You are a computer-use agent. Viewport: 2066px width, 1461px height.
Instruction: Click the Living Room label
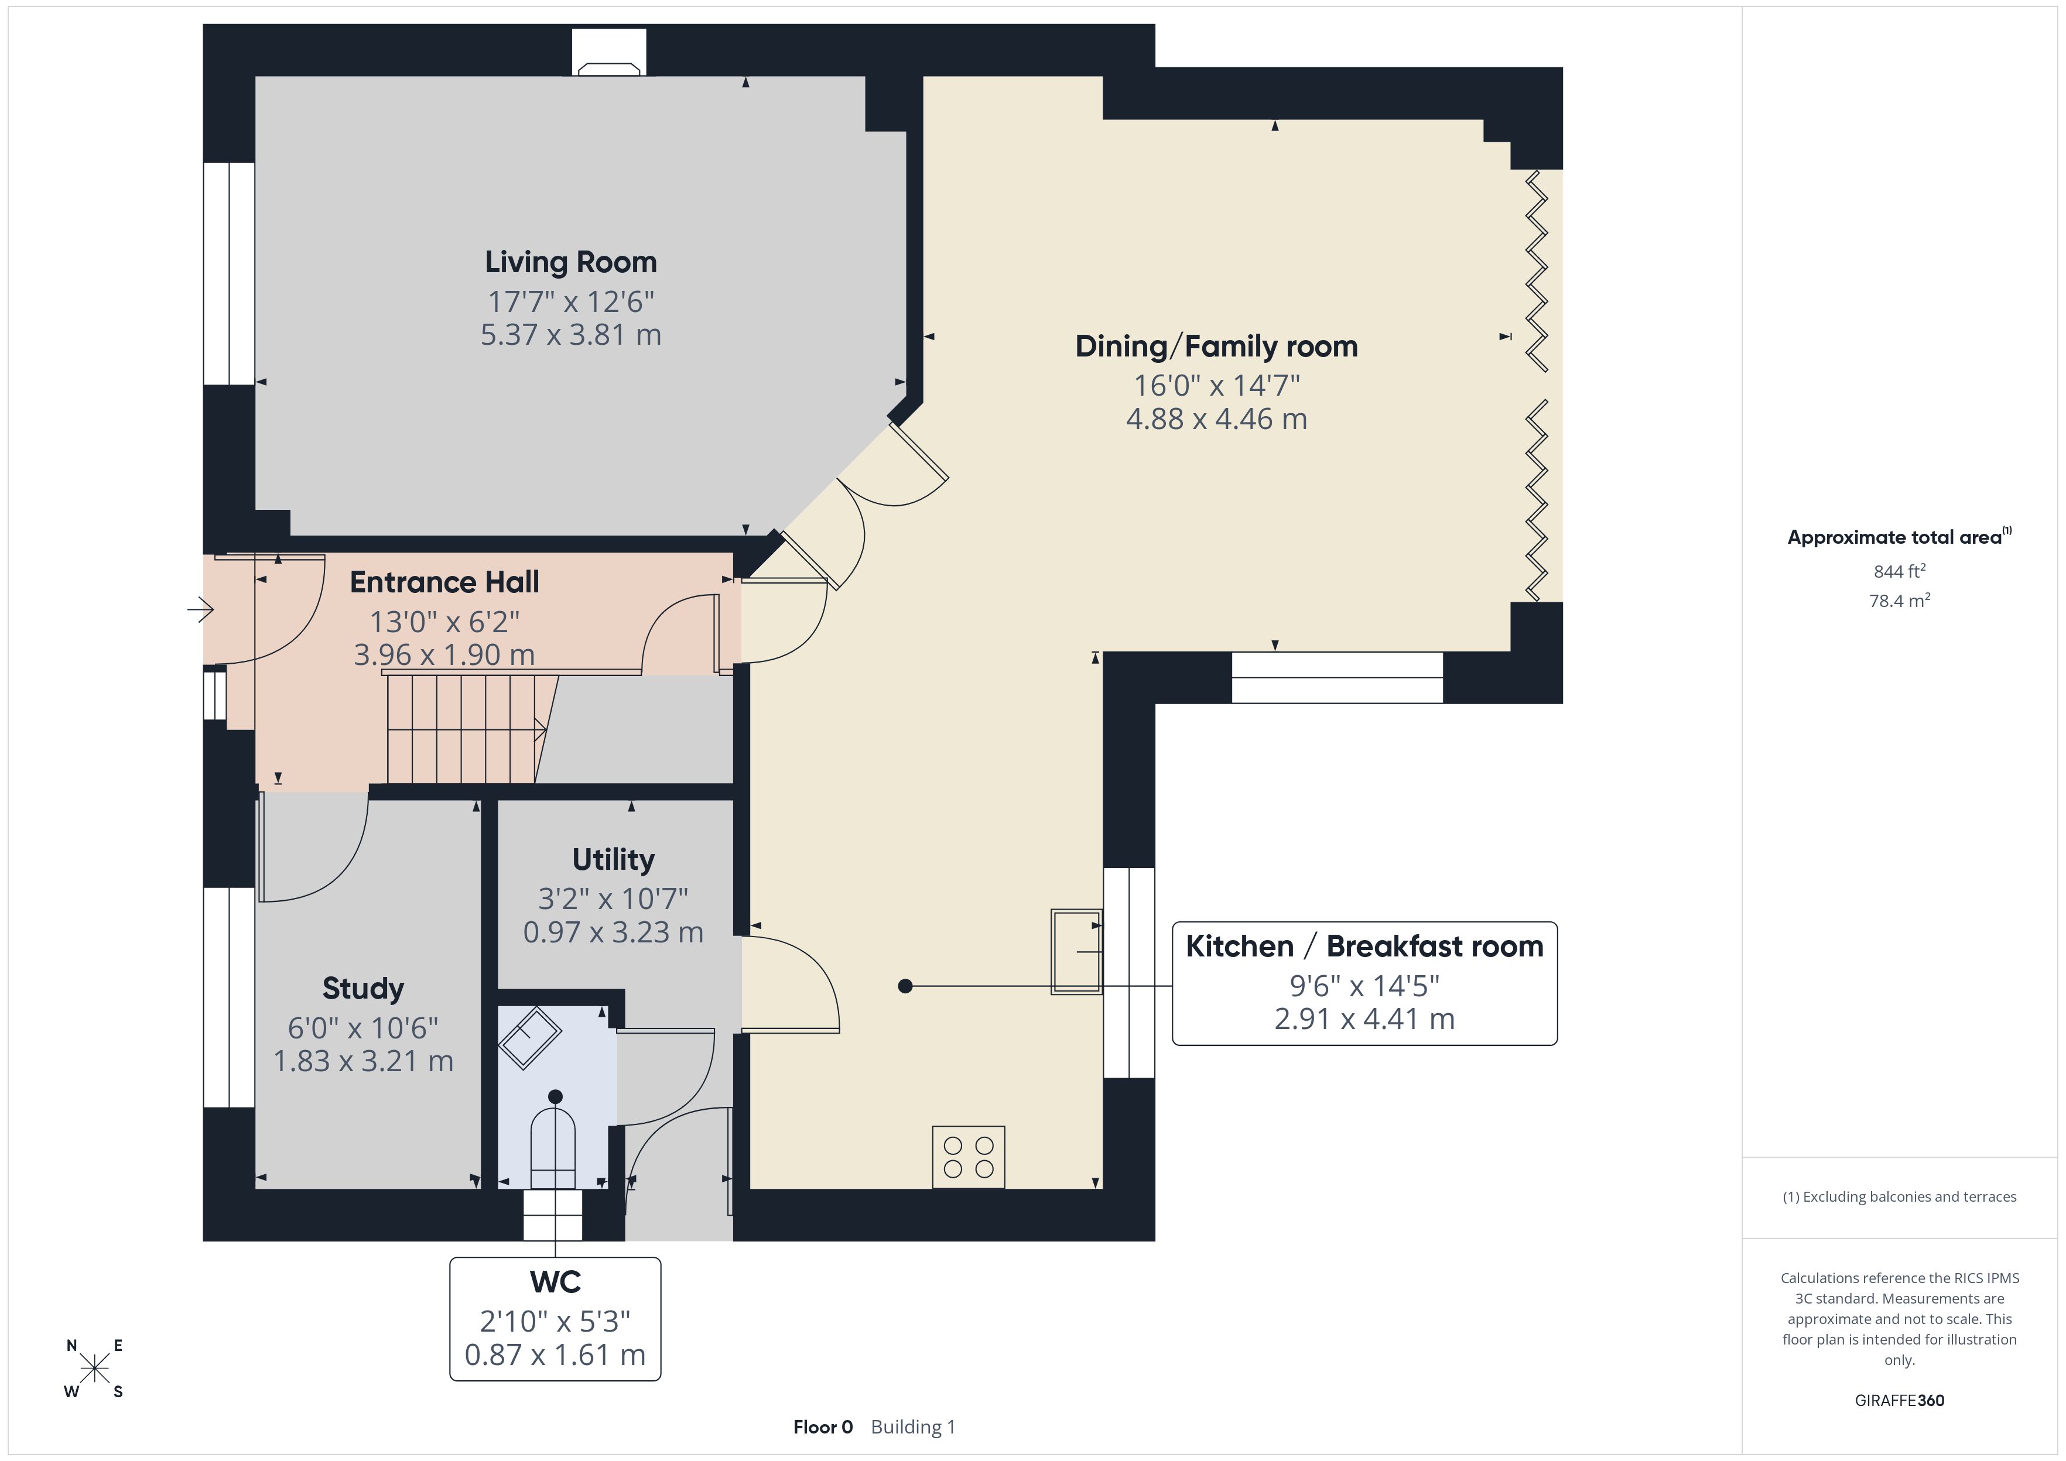(570, 262)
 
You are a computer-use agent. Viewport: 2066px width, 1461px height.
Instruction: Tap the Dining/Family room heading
(1216, 347)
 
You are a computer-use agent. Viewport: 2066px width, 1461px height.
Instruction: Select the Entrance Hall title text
(444, 582)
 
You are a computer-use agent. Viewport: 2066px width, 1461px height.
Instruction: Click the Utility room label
(614, 860)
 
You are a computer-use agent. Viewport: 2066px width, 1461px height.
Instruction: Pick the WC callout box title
(555, 1282)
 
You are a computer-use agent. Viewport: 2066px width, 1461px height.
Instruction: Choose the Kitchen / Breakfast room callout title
(1364, 946)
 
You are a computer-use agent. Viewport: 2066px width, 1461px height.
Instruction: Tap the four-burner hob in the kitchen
(968, 1157)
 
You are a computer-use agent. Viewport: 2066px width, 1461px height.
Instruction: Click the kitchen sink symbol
(1076, 951)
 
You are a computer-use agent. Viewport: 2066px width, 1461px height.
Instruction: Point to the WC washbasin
(531, 1037)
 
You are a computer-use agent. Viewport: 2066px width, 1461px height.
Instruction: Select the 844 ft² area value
(1900, 571)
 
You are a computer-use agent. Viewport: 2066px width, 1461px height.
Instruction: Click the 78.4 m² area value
(1900, 600)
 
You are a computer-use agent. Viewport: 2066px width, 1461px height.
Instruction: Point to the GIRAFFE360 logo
(1900, 1401)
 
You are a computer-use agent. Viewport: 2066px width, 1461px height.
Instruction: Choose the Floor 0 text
(822, 1427)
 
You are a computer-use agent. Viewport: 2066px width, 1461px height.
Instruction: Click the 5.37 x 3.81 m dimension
(570, 335)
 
